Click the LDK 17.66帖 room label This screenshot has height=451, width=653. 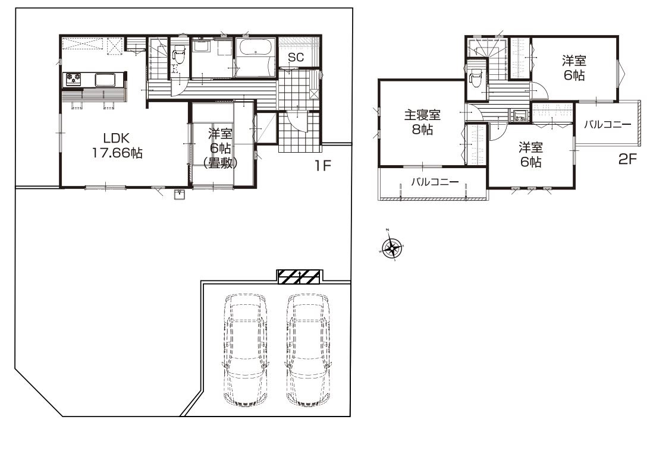[x=117, y=146]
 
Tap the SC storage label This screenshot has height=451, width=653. [x=296, y=58]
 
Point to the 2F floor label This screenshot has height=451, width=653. [x=627, y=159]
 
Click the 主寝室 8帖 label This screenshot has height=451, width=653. [x=422, y=122]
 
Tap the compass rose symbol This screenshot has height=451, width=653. [x=392, y=247]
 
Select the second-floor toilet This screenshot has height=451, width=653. [x=475, y=79]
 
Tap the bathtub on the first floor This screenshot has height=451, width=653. [x=255, y=52]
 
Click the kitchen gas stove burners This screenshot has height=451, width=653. [x=73, y=79]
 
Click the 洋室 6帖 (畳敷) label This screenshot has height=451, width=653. [x=220, y=148]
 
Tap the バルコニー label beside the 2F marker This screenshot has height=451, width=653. [x=608, y=124]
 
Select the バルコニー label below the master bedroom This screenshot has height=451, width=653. [x=435, y=182]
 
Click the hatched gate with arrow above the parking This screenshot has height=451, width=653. [x=299, y=277]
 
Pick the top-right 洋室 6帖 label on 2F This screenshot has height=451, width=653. [x=574, y=68]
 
